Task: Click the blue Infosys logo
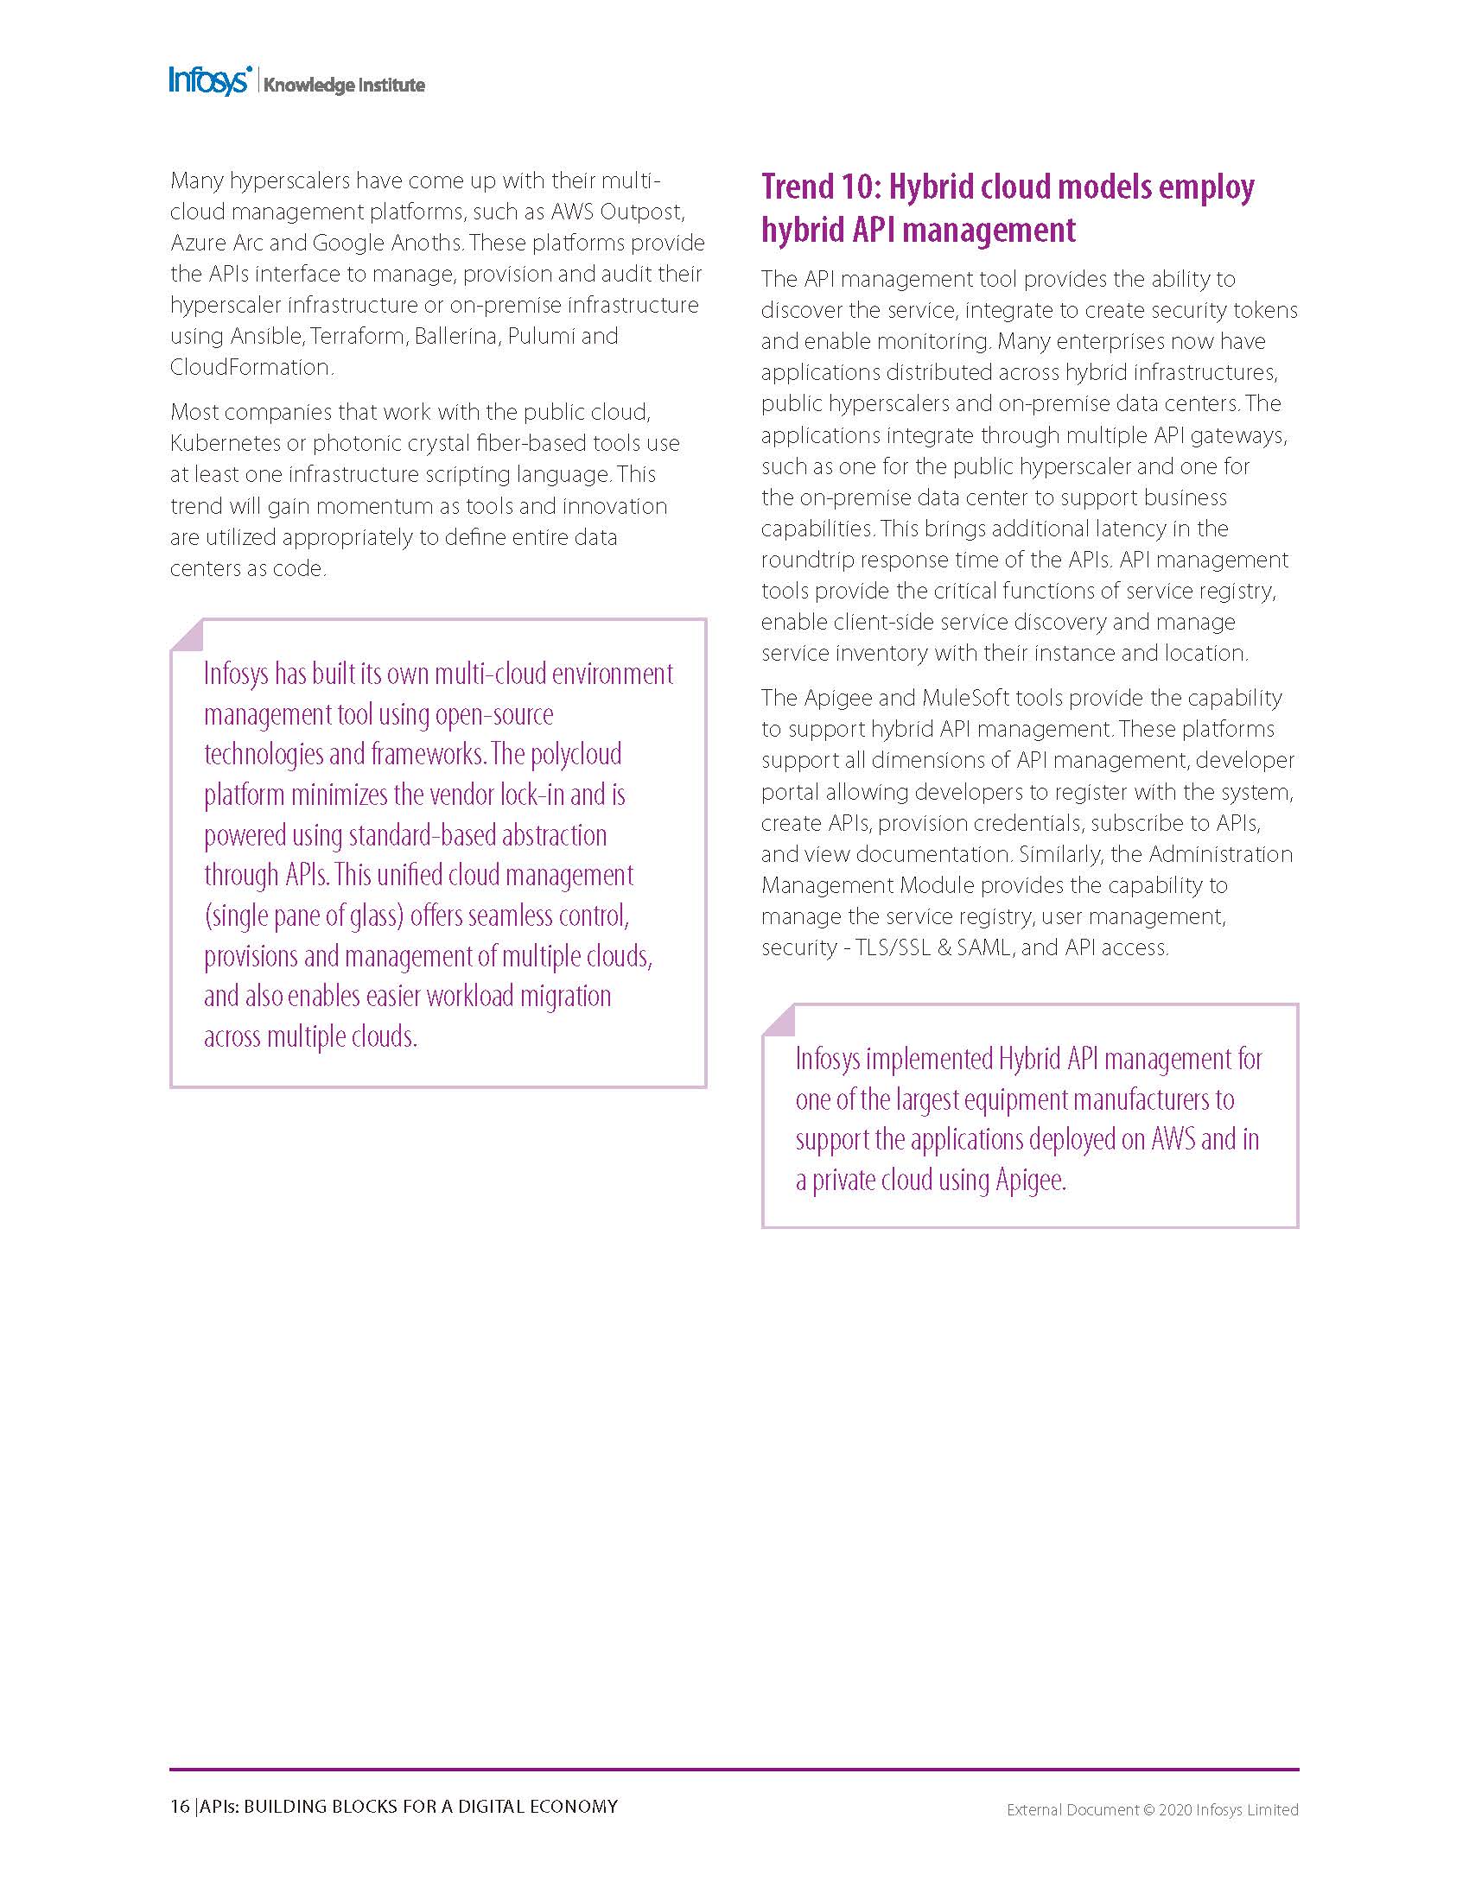210,81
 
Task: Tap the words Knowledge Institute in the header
344,85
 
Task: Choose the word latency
1141,529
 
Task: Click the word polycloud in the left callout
576,753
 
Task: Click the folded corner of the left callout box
189,636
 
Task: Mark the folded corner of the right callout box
779,1021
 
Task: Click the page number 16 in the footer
179,1807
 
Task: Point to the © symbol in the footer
1148,1809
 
